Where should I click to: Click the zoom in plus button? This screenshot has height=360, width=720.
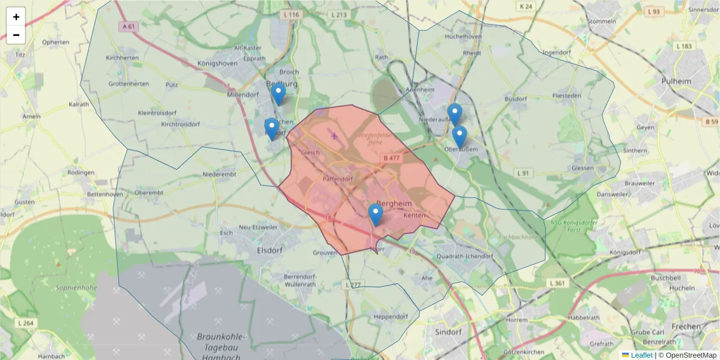coord(16,17)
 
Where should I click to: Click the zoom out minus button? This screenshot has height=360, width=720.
coord(16,35)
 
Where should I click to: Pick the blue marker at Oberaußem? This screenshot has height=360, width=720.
coord(460,136)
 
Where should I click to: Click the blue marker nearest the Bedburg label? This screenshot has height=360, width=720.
coord(278,94)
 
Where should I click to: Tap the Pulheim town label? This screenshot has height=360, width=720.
coord(676,81)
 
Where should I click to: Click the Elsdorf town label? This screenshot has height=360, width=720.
coord(269,250)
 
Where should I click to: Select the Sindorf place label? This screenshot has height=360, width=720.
coord(448,331)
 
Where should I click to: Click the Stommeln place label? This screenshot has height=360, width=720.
coord(602,21)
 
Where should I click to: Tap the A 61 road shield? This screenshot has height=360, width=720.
coord(128,26)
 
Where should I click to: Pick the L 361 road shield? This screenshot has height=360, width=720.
coord(557,283)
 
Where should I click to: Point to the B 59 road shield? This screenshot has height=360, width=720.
coord(711,122)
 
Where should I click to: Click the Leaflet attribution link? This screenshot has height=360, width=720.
coord(641,355)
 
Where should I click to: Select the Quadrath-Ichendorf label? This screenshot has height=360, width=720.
coord(465,256)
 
